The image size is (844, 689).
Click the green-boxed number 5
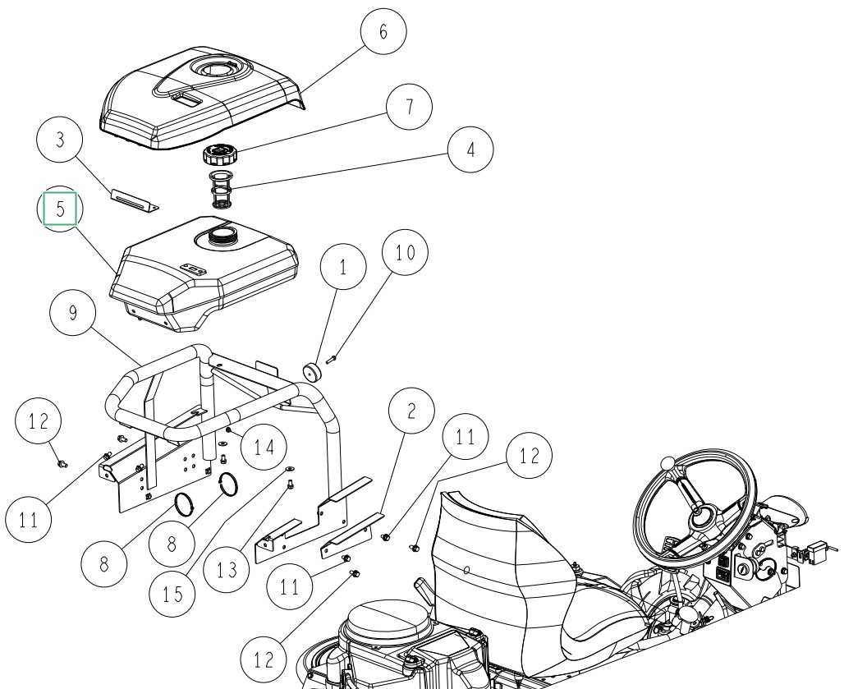pyautogui.click(x=60, y=209)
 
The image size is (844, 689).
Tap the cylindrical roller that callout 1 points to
pyautogui.click(x=312, y=371)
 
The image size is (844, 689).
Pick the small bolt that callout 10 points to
pyautogui.click(x=330, y=357)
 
